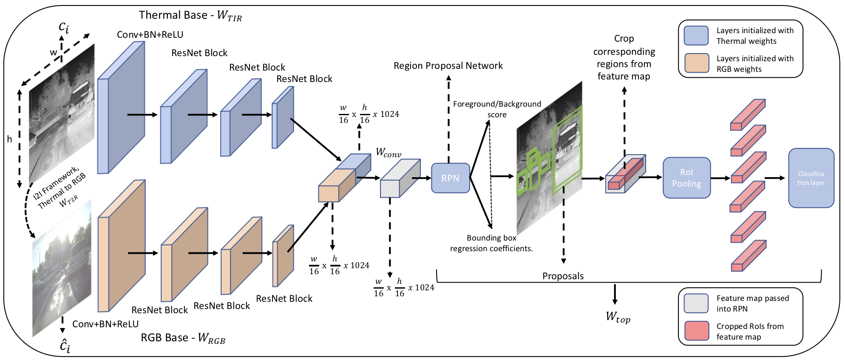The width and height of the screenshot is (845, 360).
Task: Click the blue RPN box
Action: (451, 178)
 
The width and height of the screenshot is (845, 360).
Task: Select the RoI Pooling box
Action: (686, 178)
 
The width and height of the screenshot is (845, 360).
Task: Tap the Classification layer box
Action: (811, 178)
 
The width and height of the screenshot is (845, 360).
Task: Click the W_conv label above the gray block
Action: (388, 153)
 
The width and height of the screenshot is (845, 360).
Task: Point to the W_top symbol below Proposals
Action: (618, 317)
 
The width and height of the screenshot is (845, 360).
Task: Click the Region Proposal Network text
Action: (448, 65)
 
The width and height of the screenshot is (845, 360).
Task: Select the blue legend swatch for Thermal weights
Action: (696, 36)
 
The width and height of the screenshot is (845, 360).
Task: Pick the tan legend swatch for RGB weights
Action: (697, 63)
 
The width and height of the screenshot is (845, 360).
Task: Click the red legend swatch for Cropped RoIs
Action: (697, 331)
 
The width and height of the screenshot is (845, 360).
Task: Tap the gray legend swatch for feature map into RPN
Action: (696, 303)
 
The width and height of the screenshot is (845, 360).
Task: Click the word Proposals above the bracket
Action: (563, 276)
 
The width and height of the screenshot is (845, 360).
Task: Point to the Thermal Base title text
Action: (190, 15)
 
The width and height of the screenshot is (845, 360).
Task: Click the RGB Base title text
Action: (183, 338)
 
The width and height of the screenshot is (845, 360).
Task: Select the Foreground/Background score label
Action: (497, 109)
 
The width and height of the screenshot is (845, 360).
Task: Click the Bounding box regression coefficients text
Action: (491, 243)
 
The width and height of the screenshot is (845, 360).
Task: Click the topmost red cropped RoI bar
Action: (748, 115)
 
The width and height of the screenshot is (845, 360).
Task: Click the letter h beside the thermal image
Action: (9, 139)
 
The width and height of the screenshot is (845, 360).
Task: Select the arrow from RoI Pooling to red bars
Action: (720, 178)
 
